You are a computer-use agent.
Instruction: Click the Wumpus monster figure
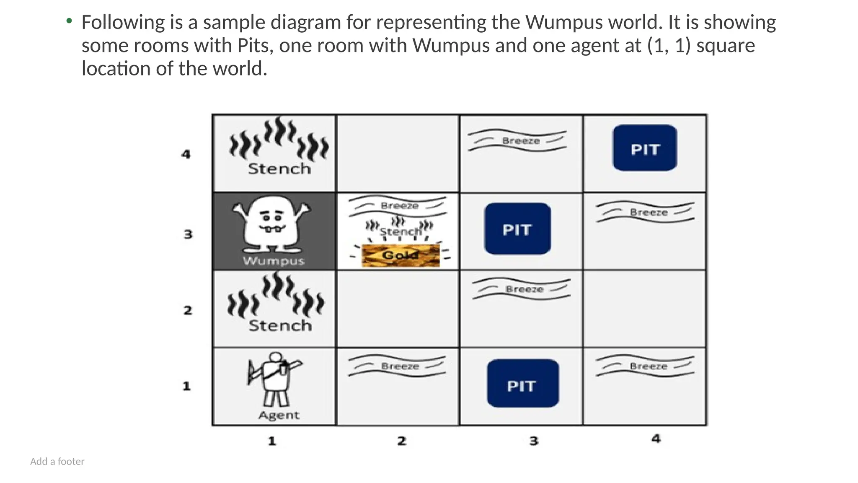point(272,224)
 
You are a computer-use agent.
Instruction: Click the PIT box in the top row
point(645,148)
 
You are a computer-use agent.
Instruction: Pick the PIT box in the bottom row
point(522,383)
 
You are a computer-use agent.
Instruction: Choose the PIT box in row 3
point(517,229)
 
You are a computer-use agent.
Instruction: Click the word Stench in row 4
point(279,169)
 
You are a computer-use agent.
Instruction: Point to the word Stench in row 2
point(280,326)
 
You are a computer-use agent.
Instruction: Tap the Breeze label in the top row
point(521,141)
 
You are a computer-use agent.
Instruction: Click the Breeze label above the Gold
point(399,206)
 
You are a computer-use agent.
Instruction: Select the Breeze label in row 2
point(524,289)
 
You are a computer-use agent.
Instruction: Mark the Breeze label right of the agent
point(400,366)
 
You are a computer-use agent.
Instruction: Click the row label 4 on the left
point(186,154)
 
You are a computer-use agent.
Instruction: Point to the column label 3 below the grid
point(534,441)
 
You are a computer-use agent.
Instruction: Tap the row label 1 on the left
point(186,386)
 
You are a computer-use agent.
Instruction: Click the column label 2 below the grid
point(402,441)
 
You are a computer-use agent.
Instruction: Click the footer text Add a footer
point(57,462)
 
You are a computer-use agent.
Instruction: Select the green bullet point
point(69,21)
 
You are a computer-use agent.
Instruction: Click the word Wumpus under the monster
point(274,261)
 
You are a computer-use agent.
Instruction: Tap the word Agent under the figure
point(279,415)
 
